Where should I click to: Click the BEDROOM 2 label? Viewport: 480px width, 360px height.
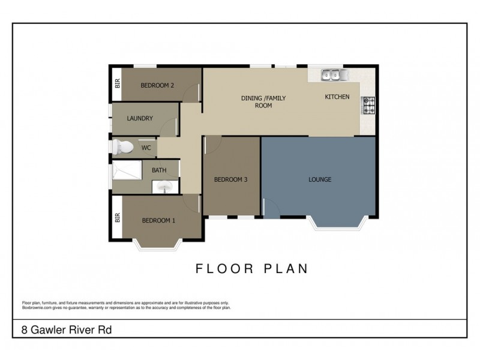coord(157,85)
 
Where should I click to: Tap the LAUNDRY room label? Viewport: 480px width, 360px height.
coord(140,118)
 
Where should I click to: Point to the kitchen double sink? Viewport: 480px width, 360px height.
coord(331,75)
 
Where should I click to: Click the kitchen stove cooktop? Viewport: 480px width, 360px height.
coord(368,106)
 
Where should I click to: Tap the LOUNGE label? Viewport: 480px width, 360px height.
coord(320,179)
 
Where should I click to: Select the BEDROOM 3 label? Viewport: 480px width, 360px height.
coord(231,179)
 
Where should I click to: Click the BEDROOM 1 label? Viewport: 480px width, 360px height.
coord(158,220)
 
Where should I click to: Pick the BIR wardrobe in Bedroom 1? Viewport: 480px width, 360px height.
coord(118,218)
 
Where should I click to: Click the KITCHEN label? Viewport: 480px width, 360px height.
coord(337,97)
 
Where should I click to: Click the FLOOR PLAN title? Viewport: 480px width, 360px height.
coord(252,268)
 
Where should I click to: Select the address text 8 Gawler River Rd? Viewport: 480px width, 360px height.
coord(63,329)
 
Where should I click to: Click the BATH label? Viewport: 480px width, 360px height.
coord(159,170)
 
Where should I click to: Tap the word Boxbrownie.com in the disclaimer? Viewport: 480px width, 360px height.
coord(35,307)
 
